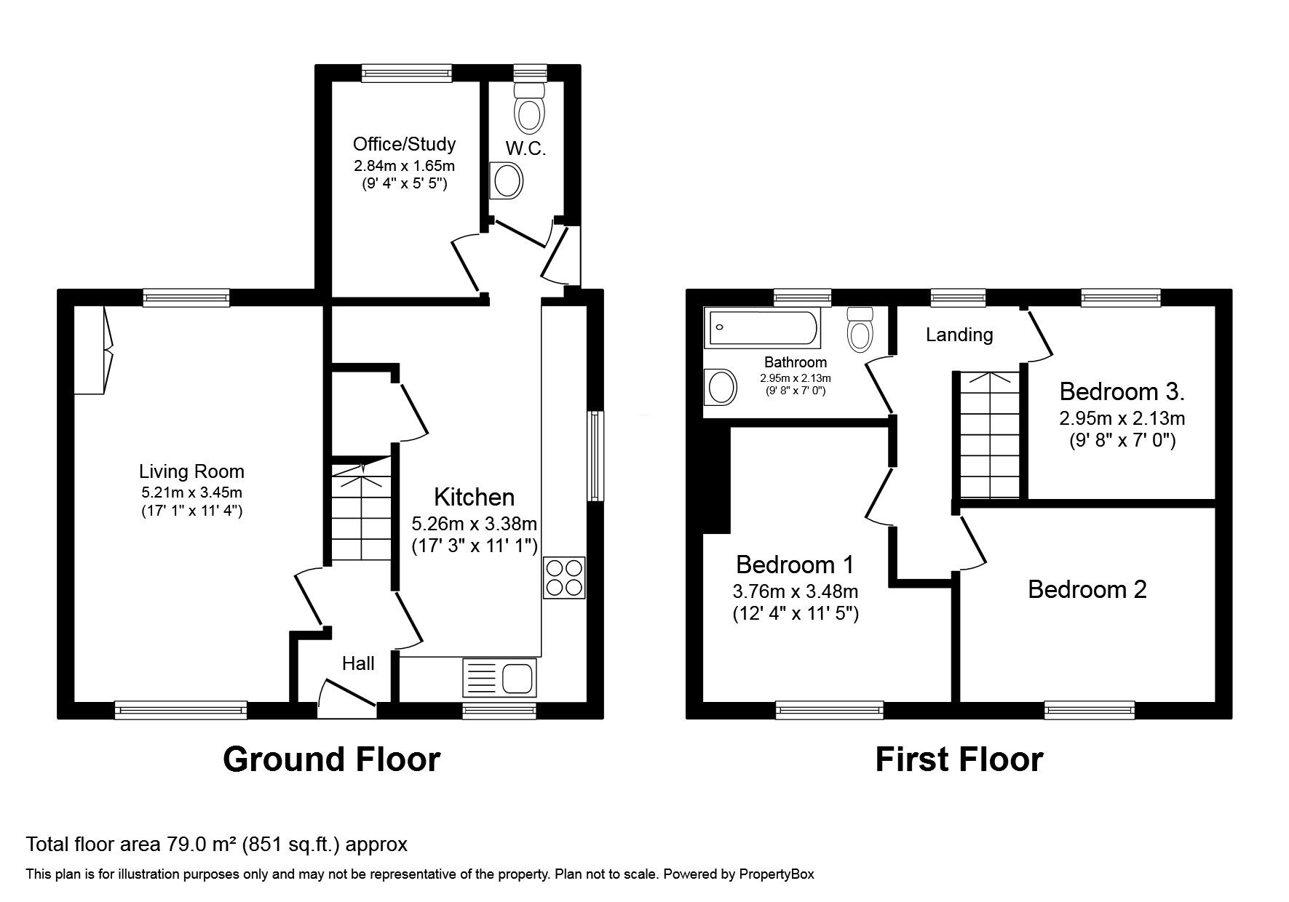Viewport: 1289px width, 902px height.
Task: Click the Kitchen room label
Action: [x=475, y=498]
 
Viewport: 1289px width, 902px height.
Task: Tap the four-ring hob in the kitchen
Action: [x=564, y=578]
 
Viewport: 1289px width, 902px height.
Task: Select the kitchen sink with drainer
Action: [x=499, y=676]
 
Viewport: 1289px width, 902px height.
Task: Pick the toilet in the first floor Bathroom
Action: [x=860, y=330]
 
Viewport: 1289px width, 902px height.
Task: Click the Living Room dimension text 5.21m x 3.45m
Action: [x=192, y=492]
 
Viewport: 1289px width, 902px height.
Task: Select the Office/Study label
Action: [x=404, y=144]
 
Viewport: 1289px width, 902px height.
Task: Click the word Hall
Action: [x=358, y=663]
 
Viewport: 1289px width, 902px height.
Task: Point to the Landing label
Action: [x=959, y=335]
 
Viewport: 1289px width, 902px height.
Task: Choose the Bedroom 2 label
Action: [x=1087, y=589]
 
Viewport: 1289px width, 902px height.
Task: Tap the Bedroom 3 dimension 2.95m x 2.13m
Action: [x=1122, y=419]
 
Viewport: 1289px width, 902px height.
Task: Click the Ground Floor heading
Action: [x=331, y=759]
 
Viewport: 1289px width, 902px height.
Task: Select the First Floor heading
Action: [x=959, y=759]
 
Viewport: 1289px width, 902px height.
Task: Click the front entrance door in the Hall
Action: [x=347, y=693]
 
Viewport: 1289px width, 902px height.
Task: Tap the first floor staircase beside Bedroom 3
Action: [x=990, y=434]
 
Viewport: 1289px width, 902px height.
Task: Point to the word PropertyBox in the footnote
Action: [x=779, y=874]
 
